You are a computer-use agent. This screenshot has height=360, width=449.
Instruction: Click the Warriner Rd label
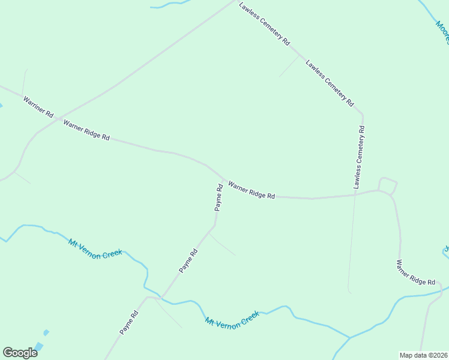pyautogui.click(x=38, y=106)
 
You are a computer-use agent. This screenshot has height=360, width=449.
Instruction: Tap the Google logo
pyautogui.click(x=20, y=353)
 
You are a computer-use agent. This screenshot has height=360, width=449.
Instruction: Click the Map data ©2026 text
pyautogui.click(x=423, y=355)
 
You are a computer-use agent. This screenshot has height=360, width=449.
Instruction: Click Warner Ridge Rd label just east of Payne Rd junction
pyautogui.click(x=251, y=191)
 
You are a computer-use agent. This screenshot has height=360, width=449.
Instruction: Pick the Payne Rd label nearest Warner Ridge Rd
pyautogui.click(x=219, y=197)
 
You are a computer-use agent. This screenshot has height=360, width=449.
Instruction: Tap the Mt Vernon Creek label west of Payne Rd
pyautogui.click(x=95, y=248)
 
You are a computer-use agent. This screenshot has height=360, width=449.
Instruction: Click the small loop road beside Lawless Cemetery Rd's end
pyautogui.click(x=388, y=185)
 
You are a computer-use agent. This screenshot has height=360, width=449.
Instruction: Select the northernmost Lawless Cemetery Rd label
pyautogui.click(x=264, y=23)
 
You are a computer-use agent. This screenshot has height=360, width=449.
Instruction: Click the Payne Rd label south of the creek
pyautogui.click(x=128, y=322)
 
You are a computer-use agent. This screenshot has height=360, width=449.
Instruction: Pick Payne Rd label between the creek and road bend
pyautogui.click(x=188, y=261)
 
